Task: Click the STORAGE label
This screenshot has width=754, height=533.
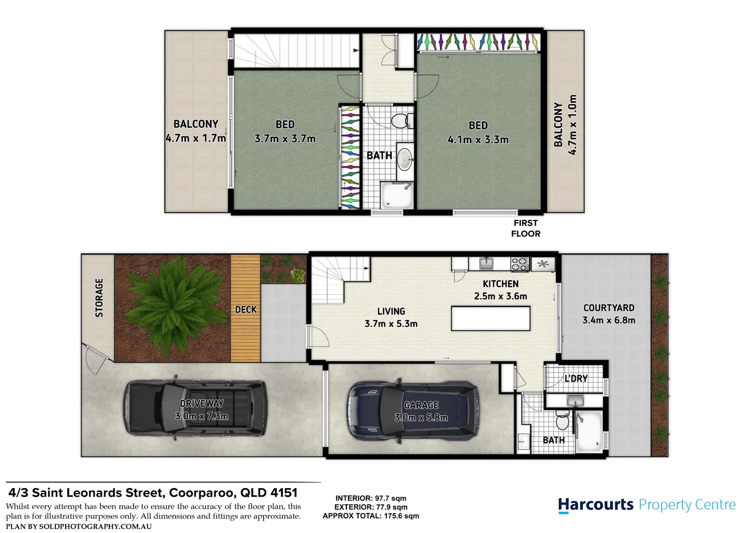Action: click(99, 298)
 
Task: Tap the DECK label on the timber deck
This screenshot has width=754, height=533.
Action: click(246, 309)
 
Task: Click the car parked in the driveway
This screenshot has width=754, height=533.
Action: click(196, 408)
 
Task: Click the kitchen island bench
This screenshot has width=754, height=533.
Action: click(490, 318)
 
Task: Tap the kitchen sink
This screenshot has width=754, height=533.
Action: click(486, 264)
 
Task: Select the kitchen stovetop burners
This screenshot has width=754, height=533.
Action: click(520, 265)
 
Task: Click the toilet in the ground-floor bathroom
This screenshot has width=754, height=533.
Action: click(562, 420)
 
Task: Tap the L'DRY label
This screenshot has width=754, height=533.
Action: click(576, 379)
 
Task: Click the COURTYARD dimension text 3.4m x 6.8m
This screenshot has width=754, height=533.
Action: click(609, 320)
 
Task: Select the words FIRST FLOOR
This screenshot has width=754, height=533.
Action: click(526, 228)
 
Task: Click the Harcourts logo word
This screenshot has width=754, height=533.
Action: click(596, 505)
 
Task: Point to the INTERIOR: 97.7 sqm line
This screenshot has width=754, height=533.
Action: click(371, 498)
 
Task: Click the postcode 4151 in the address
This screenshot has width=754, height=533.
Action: click(284, 493)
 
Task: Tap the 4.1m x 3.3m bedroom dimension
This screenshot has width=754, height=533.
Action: click(478, 139)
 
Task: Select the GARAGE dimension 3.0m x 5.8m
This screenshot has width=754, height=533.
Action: click(421, 418)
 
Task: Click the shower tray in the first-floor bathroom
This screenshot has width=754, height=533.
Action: click(397, 195)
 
